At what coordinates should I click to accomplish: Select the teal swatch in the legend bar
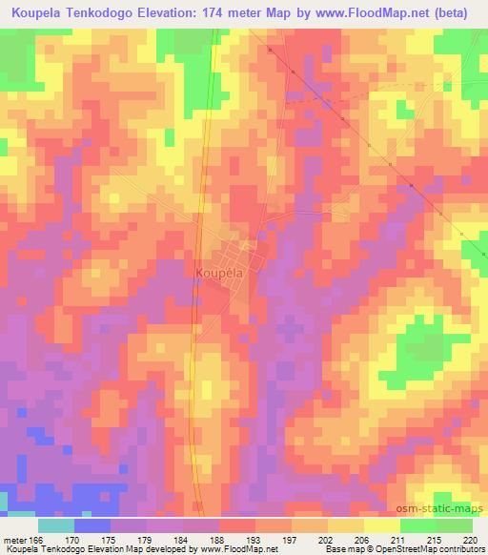click(x=56, y=525)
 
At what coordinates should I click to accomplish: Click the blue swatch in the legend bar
click(x=92, y=525)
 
